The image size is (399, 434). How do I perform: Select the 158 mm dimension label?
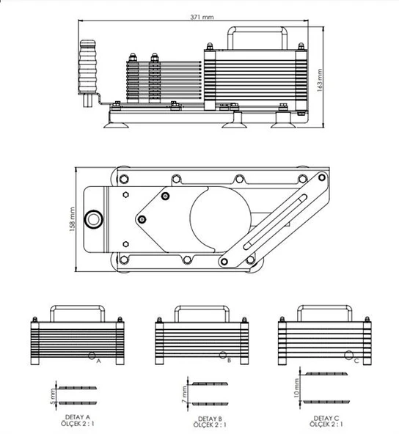(73, 219)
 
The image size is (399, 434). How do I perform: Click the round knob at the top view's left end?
(93, 219)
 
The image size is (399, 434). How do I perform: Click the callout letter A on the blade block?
(98, 360)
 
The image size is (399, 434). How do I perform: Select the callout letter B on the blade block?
(229, 360)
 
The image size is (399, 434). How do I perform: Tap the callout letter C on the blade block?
(355, 360)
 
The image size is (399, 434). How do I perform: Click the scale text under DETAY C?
(327, 424)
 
